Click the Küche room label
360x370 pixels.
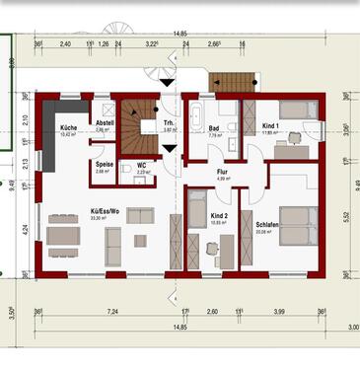click(x=68, y=129)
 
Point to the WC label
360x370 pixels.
click(x=141, y=166)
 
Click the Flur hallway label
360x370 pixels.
click(x=223, y=172)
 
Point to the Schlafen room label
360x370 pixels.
click(x=267, y=225)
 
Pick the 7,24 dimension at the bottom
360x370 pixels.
click(x=114, y=312)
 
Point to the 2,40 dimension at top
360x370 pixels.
click(x=65, y=45)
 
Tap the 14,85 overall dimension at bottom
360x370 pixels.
click(x=179, y=327)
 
